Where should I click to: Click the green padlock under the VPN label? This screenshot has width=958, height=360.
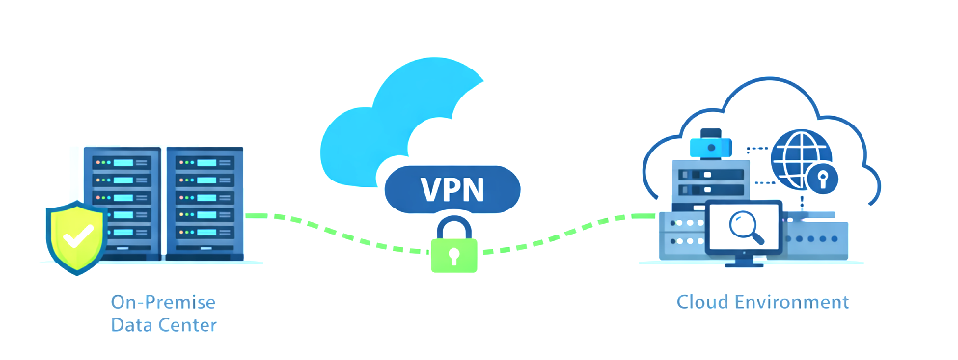tap(452, 247)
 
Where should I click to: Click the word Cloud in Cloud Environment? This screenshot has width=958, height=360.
tap(702, 302)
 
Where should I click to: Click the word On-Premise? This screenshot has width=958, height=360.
tap(163, 302)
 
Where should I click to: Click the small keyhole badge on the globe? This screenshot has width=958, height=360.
tap(822, 178)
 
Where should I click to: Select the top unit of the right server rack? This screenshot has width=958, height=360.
tap(205, 161)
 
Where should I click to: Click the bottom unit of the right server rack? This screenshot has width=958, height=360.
tap(205, 248)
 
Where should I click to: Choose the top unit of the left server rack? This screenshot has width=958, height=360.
tap(123, 161)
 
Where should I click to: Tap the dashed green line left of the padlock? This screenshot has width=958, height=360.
tap(338, 232)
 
